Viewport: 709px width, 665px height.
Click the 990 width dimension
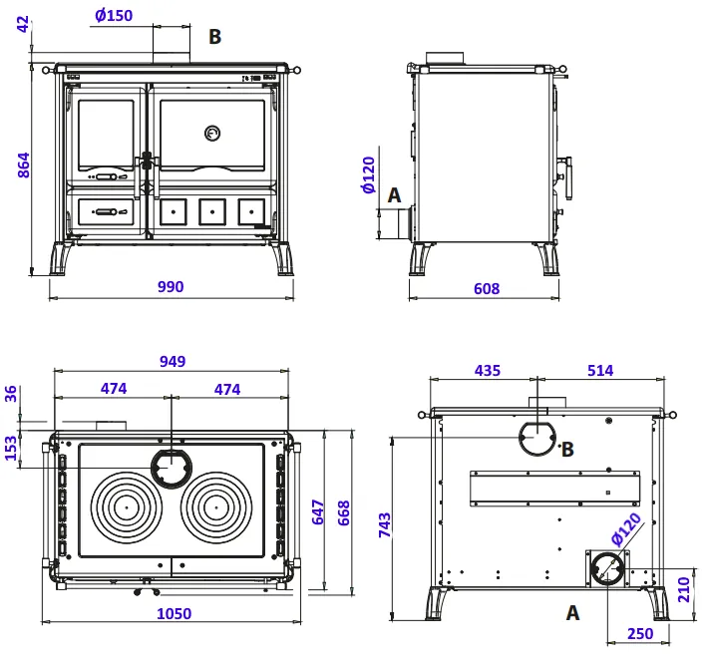[171, 287]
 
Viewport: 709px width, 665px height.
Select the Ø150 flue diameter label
[114, 16]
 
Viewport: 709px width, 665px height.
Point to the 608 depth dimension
[487, 289]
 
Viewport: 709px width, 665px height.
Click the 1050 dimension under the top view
[175, 614]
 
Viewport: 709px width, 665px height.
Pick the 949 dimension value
[173, 361]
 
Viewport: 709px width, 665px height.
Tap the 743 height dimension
[385, 524]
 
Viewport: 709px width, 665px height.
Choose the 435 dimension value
[488, 371]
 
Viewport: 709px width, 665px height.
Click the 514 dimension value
[600, 371]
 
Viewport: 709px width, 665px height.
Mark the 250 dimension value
[639, 634]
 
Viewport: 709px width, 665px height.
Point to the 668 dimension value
[343, 512]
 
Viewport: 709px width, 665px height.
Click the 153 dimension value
[12, 449]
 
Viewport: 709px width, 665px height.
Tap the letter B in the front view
[214, 37]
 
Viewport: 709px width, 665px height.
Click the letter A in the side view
[394, 195]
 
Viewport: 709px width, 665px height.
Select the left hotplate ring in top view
[127, 505]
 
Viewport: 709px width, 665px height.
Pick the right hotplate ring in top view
[216, 505]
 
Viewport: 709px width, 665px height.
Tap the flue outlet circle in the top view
[172, 465]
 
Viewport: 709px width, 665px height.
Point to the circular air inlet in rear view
[606, 569]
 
